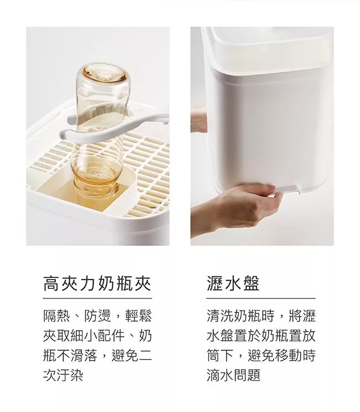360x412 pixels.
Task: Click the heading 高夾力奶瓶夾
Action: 97,284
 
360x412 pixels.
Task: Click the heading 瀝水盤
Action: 233,284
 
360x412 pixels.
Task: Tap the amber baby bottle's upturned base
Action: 103,74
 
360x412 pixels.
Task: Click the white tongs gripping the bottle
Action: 113,125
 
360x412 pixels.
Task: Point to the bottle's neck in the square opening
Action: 95,184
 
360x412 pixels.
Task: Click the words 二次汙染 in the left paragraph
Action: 97,365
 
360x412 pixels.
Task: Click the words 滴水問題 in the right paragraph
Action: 234,375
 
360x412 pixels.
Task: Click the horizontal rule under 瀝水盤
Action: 261,298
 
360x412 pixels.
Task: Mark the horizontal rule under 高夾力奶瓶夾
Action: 97,298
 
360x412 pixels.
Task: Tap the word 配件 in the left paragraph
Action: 111,336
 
